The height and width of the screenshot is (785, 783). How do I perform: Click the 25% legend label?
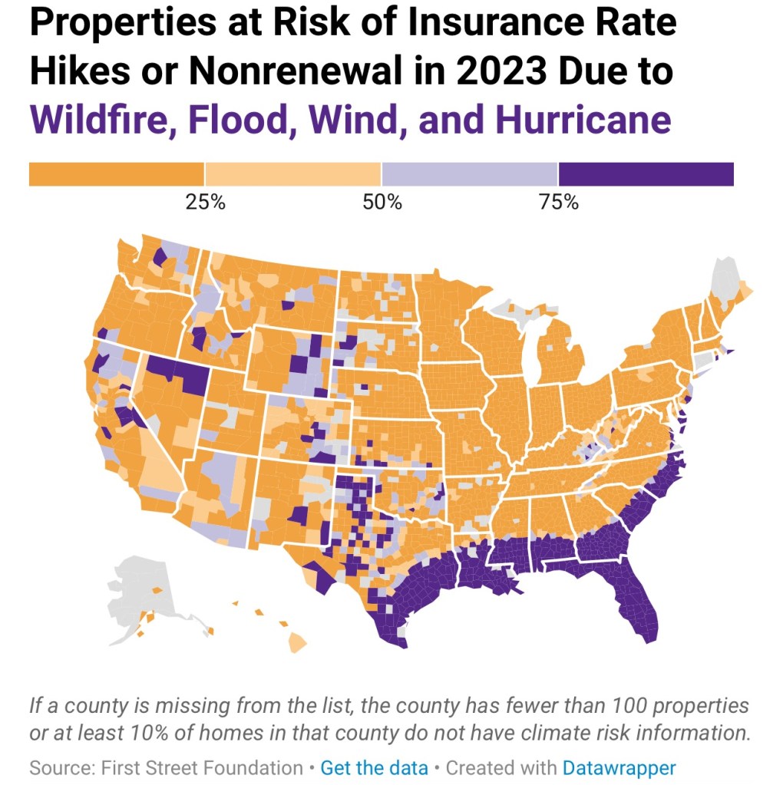[205, 203]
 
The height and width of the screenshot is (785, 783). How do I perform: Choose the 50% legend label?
[382, 203]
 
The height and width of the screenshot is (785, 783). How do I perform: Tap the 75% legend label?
[558, 203]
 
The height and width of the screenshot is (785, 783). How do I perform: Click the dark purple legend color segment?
[646, 174]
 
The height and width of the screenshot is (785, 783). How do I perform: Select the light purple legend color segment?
[470, 174]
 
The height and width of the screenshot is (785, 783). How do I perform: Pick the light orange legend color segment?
[293, 174]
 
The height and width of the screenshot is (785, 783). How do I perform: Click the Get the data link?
[374, 767]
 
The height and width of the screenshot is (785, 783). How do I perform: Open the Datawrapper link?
[619, 767]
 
